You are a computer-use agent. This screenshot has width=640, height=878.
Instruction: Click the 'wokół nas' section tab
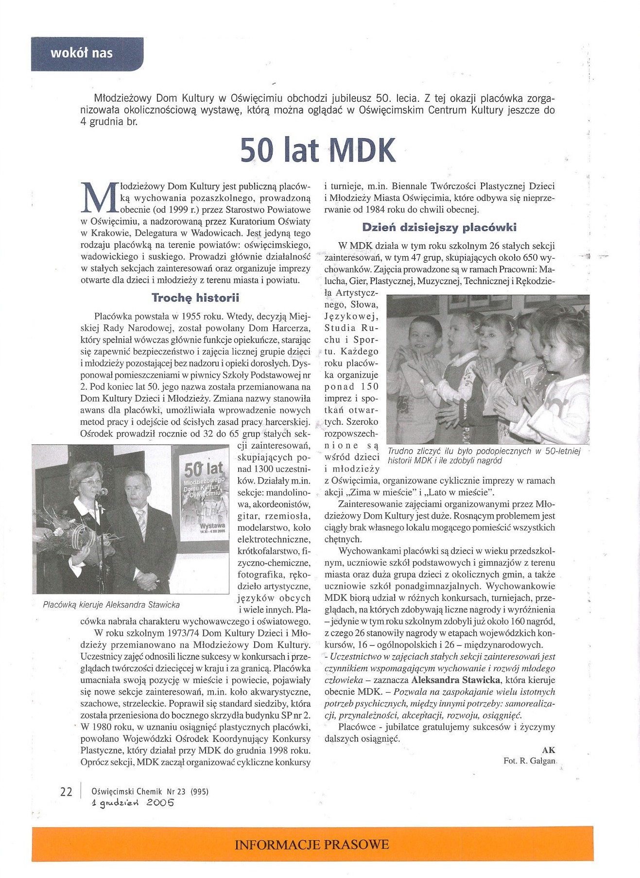82,53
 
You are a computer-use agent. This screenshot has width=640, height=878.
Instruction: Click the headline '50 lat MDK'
318,150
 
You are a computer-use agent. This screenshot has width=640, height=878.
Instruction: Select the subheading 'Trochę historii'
195,297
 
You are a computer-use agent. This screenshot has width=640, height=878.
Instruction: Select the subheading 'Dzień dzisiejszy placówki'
439,227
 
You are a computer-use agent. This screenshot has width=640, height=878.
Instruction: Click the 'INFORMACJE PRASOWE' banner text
312,844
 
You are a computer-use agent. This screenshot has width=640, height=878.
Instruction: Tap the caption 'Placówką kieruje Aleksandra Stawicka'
111,605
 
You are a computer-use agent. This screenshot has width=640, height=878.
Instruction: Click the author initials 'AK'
548,750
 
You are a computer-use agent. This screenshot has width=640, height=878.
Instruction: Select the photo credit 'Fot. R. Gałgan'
529,761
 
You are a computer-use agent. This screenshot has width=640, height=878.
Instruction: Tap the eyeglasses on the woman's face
91,482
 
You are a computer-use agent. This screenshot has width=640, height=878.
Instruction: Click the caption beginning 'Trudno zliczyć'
484,455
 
